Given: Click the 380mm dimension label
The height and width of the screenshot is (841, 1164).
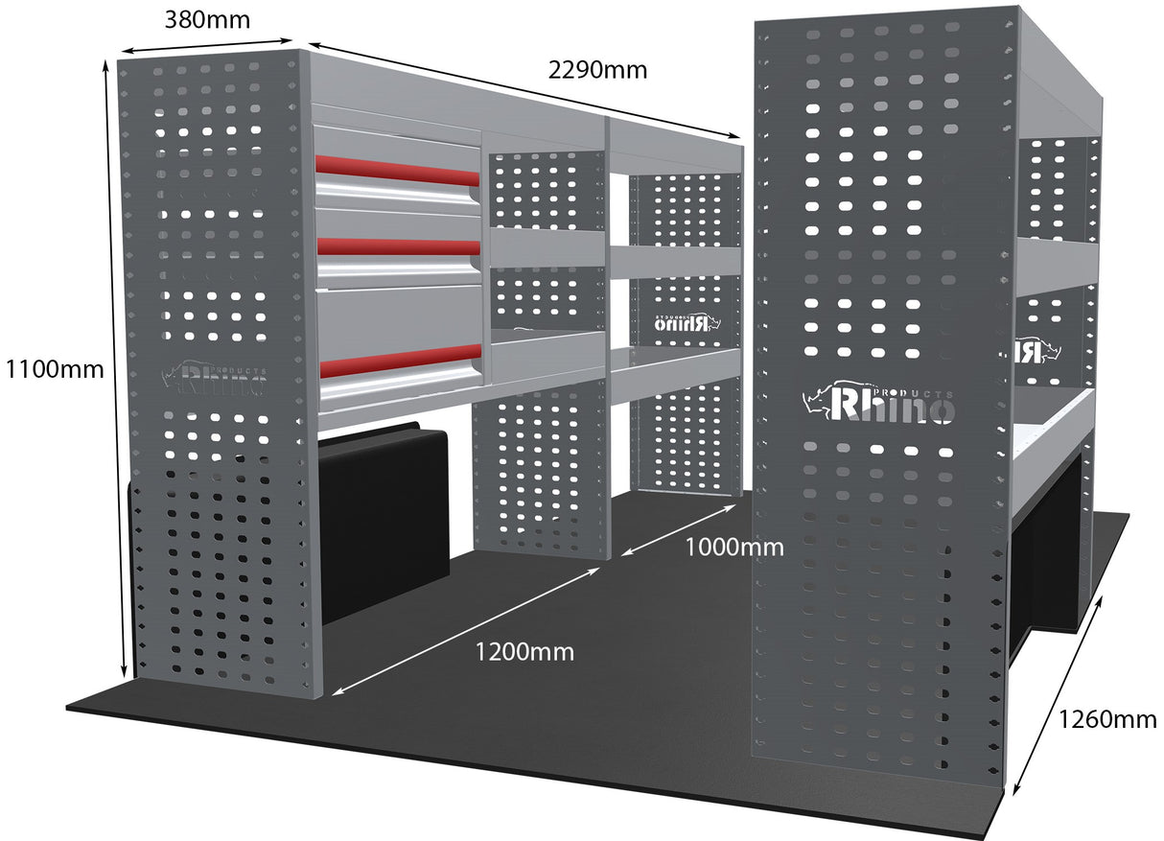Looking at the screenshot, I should [x=207, y=19].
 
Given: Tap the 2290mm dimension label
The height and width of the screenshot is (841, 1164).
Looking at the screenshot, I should [x=597, y=70].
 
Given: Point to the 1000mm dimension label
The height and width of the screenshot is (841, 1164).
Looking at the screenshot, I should [x=734, y=548].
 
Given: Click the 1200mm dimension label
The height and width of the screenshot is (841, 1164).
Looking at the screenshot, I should [x=524, y=652].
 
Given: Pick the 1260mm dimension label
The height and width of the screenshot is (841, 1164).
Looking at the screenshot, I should [x=1107, y=719].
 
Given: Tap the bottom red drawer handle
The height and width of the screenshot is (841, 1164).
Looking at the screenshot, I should [x=397, y=362].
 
